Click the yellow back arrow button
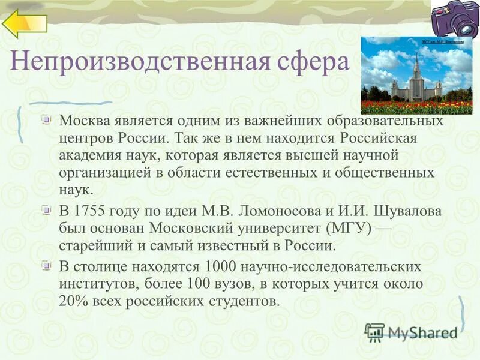tap(25, 24)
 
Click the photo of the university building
tap(416, 75)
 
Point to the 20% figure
tap(73, 301)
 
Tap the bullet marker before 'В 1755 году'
tap(47, 211)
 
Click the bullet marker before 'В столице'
tap(47, 265)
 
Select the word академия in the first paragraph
tap(89, 155)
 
